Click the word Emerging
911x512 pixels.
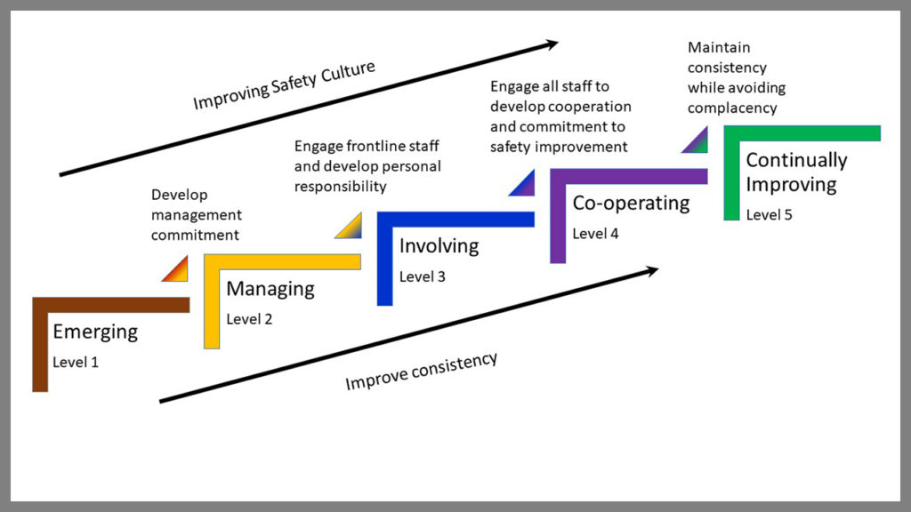point(95,332)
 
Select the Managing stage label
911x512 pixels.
point(270,289)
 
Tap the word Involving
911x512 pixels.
point(439,245)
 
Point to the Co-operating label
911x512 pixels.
point(631,203)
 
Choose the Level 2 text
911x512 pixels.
point(249,318)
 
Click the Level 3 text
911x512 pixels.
point(423,276)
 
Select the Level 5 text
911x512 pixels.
point(769,214)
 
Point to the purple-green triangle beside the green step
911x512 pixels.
point(697,142)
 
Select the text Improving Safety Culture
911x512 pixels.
point(285,85)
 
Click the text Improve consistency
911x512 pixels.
point(421,371)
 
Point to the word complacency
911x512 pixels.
point(732,108)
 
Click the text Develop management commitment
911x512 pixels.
point(196,215)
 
